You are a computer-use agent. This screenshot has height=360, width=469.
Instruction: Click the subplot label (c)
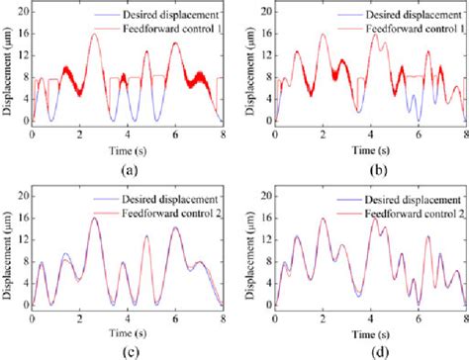125,347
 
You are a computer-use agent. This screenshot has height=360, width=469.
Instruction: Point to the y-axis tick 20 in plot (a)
23,10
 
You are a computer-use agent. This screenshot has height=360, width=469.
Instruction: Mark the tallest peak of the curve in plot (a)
94,35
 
